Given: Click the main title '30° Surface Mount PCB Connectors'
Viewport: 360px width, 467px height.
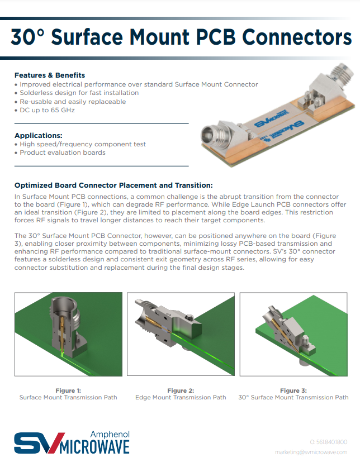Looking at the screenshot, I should point(181,37).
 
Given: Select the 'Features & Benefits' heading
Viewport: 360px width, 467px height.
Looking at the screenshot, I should point(50,75).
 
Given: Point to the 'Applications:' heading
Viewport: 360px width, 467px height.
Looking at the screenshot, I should point(39,135).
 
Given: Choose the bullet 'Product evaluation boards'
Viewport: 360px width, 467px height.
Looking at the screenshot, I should point(62,153).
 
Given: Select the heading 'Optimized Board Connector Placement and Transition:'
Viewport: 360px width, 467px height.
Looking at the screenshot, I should point(113,185).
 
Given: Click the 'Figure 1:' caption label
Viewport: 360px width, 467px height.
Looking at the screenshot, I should point(68,390).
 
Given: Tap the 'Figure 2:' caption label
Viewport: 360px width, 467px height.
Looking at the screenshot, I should point(181,390).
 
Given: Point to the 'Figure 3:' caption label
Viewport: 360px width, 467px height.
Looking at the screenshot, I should point(293,390).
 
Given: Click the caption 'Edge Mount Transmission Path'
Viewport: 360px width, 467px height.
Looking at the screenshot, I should point(181,398).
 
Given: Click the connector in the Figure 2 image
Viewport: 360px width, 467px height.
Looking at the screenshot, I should point(162,324).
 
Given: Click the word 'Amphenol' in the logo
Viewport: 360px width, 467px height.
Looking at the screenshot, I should point(110,434).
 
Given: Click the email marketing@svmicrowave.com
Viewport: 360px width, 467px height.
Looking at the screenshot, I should point(311,452).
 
